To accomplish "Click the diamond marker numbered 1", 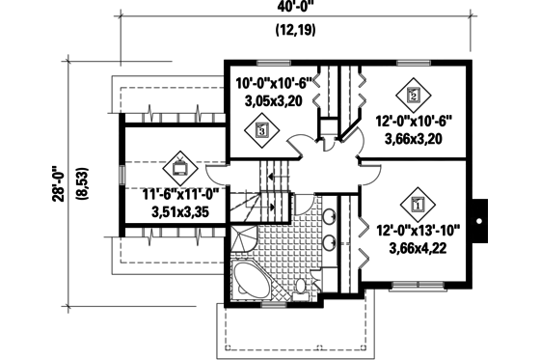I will click(x=418, y=204).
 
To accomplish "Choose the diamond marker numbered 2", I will click(x=413, y=95).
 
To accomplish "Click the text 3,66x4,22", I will click(x=418, y=248).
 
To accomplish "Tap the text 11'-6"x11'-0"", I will click(x=180, y=193).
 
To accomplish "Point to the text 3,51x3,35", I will click(x=180, y=211).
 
